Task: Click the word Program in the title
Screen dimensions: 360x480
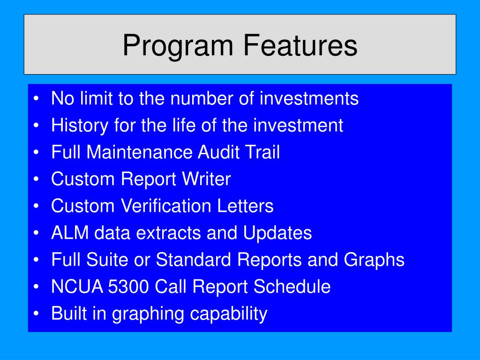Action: tap(179, 46)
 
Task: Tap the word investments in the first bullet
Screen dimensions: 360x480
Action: tap(309, 99)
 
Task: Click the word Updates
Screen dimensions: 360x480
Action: tap(277, 233)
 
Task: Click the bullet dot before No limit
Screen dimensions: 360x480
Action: tap(37, 99)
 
